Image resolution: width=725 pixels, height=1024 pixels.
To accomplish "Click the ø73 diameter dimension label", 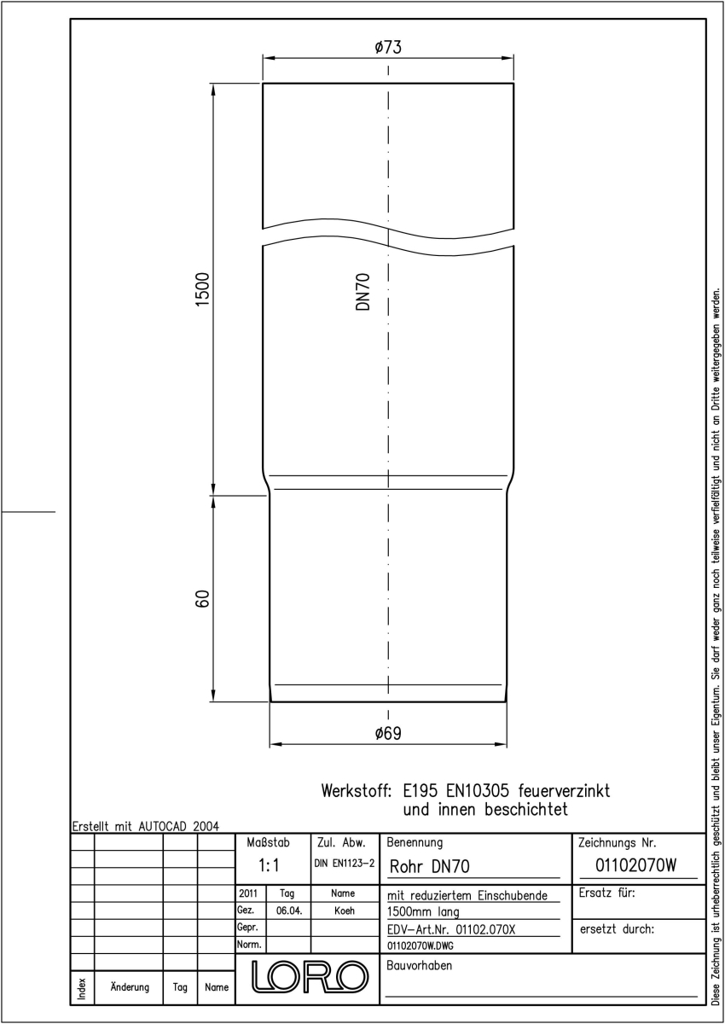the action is coord(388,47).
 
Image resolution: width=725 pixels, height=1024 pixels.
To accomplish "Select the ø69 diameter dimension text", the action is coord(388,733).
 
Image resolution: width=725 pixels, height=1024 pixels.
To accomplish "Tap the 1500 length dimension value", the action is coord(202,289).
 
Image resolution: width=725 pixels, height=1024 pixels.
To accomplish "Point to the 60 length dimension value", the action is coord(202,599).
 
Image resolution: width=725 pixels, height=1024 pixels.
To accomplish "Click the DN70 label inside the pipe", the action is coord(362,292).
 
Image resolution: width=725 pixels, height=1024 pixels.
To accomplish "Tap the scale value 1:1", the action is coord(269,865).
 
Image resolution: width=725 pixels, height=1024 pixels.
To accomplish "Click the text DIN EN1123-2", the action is coord(345,864).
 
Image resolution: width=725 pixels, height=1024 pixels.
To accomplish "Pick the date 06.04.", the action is coord(289,911).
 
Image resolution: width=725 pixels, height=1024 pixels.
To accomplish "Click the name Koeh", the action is coord(345,911).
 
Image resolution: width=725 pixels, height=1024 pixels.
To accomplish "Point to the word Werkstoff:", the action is coord(357,790).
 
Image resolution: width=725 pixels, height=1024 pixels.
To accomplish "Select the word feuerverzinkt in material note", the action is coord(564,790).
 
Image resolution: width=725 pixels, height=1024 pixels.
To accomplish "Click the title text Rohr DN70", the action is coord(429,867).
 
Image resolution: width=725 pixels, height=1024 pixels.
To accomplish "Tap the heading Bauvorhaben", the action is coord(419,965).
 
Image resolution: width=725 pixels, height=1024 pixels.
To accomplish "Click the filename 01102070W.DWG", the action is coord(420,945).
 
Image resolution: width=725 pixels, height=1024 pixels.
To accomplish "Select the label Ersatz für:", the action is coord(606,893).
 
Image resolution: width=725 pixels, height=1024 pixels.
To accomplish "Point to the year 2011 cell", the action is coord(248,893).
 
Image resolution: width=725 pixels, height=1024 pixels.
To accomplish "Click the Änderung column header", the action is coord(130,987).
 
